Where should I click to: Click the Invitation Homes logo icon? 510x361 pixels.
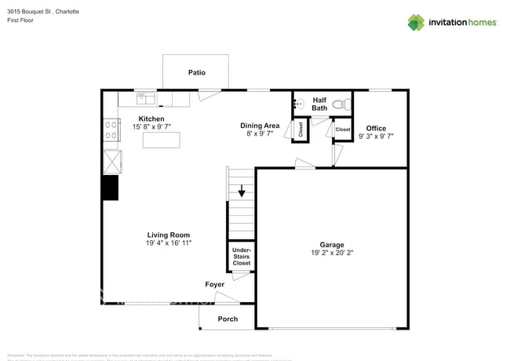click(x=416, y=22)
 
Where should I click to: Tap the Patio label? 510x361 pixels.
click(x=196, y=72)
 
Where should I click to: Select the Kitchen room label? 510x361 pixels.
click(x=151, y=119)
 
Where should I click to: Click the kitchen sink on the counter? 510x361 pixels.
click(x=145, y=98)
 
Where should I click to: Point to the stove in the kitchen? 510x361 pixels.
click(x=111, y=129)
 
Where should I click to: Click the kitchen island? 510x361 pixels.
click(x=160, y=140)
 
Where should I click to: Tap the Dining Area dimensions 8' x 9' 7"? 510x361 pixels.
click(x=259, y=134)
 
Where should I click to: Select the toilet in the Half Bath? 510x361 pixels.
click(x=340, y=103)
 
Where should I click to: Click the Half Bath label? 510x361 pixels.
click(x=319, y=104)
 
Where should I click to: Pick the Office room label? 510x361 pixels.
click(x=375, y=128)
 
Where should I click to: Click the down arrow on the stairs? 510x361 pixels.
click(x=242, y=190)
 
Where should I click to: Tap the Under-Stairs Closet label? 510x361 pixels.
click(x=241, y=257)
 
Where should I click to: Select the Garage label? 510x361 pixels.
click(x=331, y=244)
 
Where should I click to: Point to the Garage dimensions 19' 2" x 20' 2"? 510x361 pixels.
click(x=331, y=253)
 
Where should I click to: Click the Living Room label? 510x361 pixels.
click(x=168, y=235)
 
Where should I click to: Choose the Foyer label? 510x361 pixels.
click(x=214, y=284)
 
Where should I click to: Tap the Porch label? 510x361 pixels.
click(x=228, y=319)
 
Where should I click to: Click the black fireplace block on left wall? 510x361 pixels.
click(x=110, y=188)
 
